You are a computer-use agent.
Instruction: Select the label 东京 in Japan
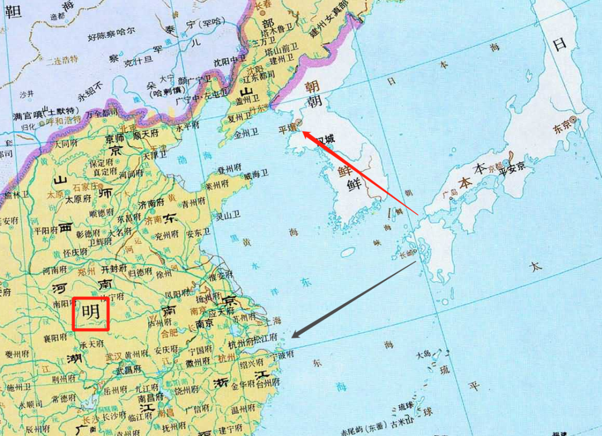point(561,128)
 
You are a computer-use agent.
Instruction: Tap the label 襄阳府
point(55,338)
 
